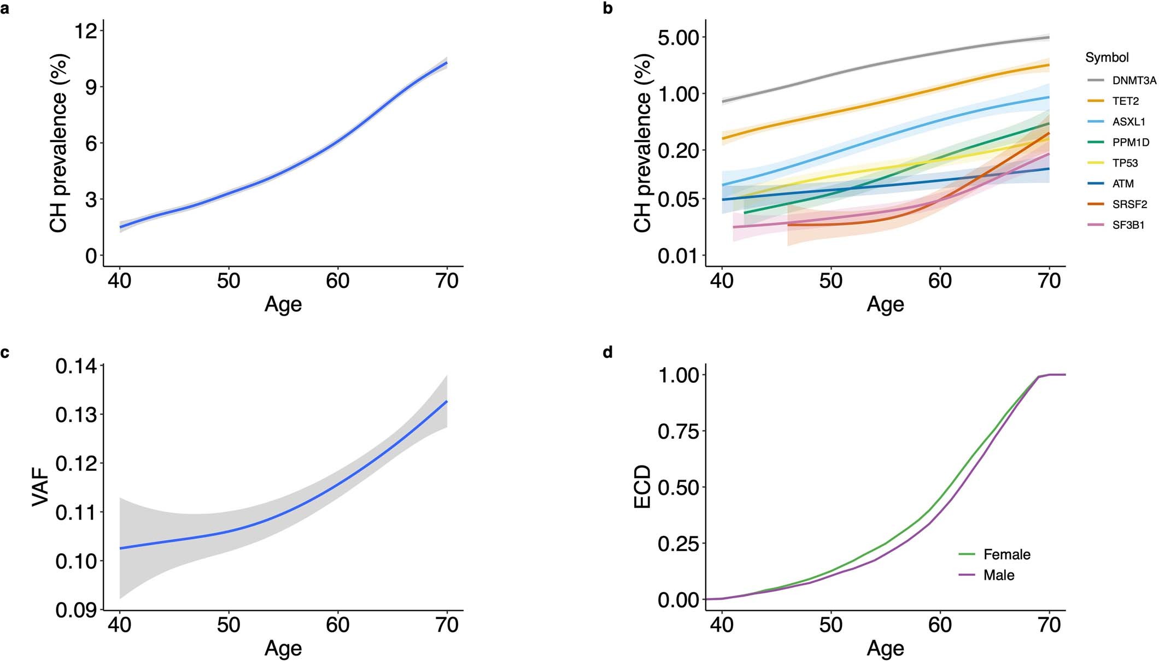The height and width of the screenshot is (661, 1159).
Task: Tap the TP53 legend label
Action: [x=1125, y=163]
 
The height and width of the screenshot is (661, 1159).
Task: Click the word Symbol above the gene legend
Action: [x=1107, y=57]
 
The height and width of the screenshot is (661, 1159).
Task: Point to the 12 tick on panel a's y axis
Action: [x=85, y=31]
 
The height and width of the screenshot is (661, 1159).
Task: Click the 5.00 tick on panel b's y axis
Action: [x=678, y=37]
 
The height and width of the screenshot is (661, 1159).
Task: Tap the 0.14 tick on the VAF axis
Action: [x=76, y=366]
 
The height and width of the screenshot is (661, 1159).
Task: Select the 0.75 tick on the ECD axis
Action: [x=678, y=431]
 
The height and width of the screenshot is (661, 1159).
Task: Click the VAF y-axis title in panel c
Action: [x=41, y=488]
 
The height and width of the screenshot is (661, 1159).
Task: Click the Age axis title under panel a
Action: [x=283, y=304]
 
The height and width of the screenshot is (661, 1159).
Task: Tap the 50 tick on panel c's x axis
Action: [x=229, y=624]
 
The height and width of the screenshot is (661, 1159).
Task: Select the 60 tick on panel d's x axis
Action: [x=940, y=624]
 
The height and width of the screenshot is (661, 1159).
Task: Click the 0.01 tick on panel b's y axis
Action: [x=678, y=255]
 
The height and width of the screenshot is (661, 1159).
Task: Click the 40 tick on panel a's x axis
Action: [x=120, y=281]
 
